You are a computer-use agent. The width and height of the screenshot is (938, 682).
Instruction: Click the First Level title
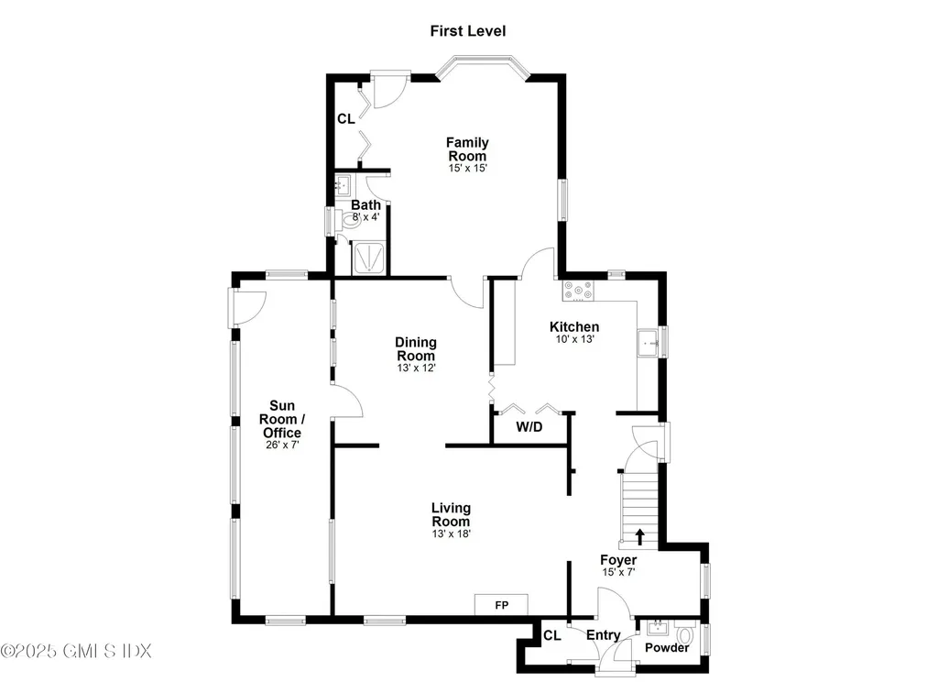(468, 31)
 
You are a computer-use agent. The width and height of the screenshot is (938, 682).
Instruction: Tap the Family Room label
(467, 148)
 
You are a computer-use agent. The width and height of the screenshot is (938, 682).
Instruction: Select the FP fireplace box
(501, 605)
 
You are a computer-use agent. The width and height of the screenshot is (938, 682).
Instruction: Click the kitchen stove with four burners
(578, 291)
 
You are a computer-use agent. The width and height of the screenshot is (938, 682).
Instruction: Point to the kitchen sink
(650, 342)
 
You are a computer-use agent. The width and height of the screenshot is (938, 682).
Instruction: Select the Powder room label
(667, 648)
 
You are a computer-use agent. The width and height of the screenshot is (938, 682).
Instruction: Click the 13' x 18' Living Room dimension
(451, 533)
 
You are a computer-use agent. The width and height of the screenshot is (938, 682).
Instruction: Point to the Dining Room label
(415, 349)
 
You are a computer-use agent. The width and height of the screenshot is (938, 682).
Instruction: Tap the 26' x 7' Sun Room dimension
(282, 445)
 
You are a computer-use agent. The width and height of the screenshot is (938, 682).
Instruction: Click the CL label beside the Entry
(552, 635)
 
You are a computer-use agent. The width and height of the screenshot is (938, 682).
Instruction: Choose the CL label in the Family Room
(345, 119)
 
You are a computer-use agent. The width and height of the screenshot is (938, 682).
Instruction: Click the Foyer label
(618, 560)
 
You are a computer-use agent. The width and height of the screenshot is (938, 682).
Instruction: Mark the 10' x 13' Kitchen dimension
(574, 339)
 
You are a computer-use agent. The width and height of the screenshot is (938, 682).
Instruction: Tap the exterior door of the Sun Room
(248, 306)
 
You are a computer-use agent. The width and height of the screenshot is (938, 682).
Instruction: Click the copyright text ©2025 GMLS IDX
(75, 651)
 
